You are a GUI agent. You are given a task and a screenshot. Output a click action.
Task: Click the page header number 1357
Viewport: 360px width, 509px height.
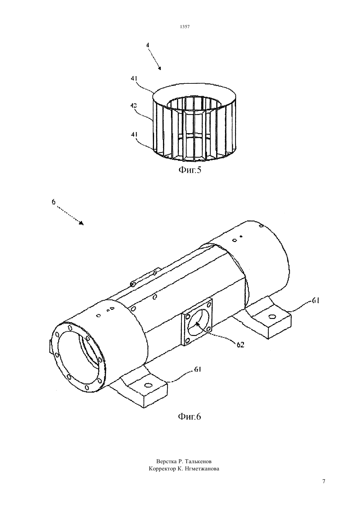185,27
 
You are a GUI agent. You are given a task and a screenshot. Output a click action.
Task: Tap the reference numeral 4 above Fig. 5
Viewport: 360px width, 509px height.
148,45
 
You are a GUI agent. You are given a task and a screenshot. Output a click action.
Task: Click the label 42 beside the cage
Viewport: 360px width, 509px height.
134,106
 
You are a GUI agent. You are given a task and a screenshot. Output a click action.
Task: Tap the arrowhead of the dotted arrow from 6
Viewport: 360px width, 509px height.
81,223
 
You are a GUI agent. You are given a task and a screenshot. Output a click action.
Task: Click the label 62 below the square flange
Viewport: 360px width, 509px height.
241,345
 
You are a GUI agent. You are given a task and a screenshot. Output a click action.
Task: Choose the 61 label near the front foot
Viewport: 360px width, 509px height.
197,370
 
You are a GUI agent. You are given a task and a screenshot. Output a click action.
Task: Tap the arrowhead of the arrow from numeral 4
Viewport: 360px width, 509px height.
160,68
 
